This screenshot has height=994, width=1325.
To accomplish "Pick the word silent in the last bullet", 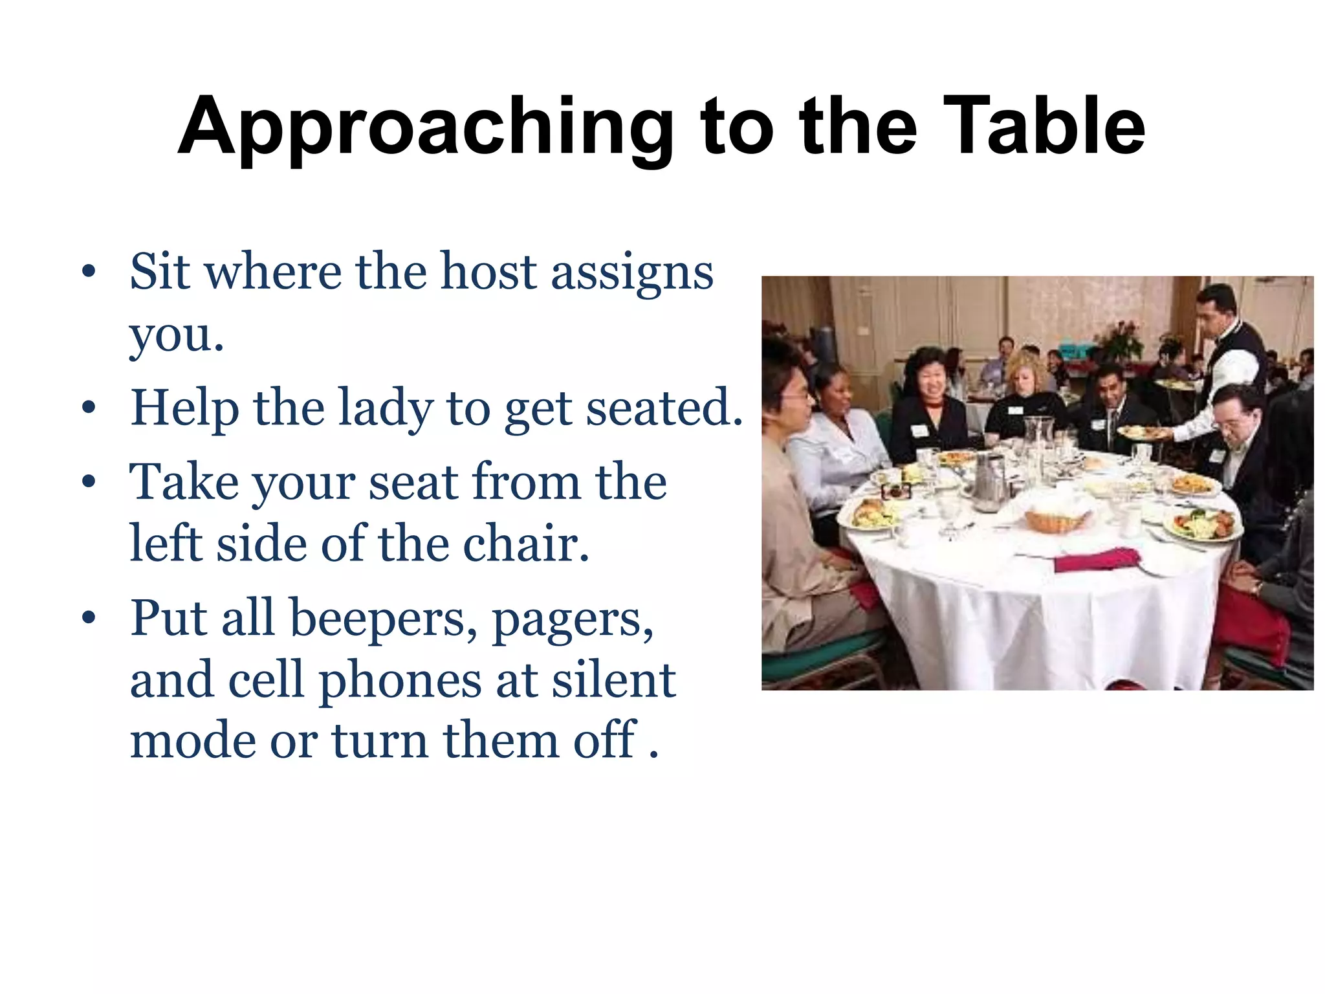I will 613,680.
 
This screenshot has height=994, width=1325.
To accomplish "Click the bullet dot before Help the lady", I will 89,408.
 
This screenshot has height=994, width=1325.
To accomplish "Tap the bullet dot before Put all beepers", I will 89,618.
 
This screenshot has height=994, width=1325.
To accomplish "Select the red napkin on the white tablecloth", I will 1096,559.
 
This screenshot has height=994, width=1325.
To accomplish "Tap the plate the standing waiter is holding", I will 1143,432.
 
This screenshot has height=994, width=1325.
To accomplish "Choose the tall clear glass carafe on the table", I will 1038,441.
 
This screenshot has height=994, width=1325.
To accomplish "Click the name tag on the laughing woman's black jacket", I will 919,430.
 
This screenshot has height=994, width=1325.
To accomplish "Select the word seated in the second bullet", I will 664,409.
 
